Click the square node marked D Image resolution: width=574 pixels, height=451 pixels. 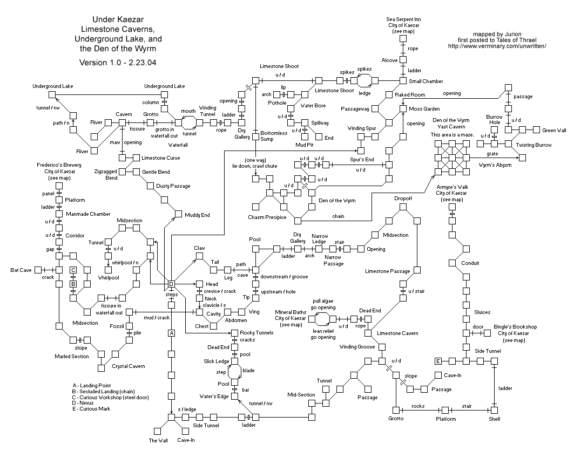pos(171,284)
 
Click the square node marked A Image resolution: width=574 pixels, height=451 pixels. pos(171,333)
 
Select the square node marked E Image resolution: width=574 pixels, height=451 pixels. pos(438,361)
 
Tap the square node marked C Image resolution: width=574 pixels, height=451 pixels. pos(73,270)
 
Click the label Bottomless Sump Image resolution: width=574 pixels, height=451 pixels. pos(274,136)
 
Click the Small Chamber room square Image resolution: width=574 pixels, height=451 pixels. pos(403,81)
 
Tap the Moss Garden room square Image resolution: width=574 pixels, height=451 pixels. pos(403,108)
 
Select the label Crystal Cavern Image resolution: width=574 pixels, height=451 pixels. pos(128,366)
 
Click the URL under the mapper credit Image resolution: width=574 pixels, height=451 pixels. pos(497,46)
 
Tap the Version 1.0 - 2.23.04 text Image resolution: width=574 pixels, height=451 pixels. pos(118,62)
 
